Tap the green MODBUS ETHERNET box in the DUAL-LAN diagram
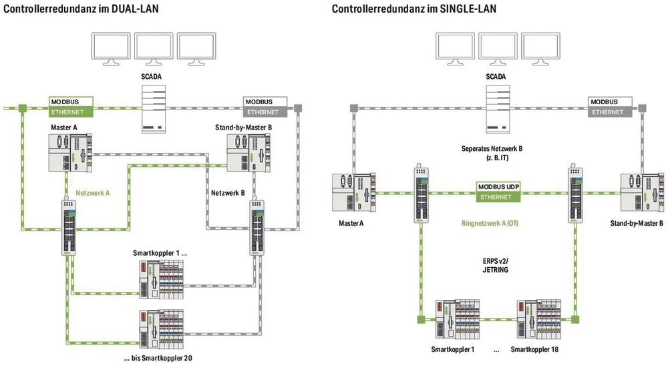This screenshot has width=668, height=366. [x=70, y=107]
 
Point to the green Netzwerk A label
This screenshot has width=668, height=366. [x=93, y=192]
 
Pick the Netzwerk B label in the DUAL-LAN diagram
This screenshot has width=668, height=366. [x=228, y=192]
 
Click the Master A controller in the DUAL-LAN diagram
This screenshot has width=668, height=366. [x=70, y=153]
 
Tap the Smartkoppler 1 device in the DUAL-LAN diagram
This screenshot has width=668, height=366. [x=161, y=279]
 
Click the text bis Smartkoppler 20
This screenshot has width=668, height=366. [x=158, y=359]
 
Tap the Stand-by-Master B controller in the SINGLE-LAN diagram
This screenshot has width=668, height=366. [x=640, y=193]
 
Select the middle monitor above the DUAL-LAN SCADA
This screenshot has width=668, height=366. [x=154, y=49]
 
